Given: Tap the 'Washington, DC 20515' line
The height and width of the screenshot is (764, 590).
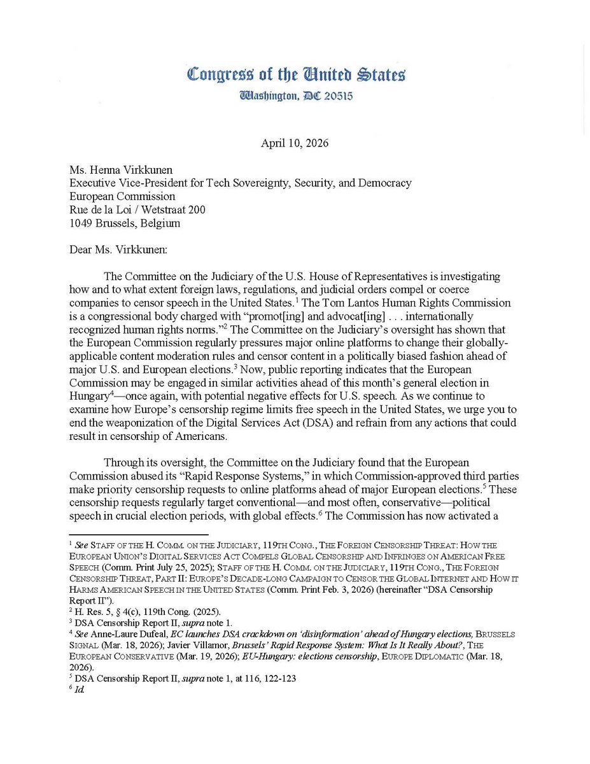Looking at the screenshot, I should [x=296, y=96].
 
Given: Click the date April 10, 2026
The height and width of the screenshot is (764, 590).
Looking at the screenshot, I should [x=295, y=143].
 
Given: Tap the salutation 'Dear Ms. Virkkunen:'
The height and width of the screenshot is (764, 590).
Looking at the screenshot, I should [x=118, y=250].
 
